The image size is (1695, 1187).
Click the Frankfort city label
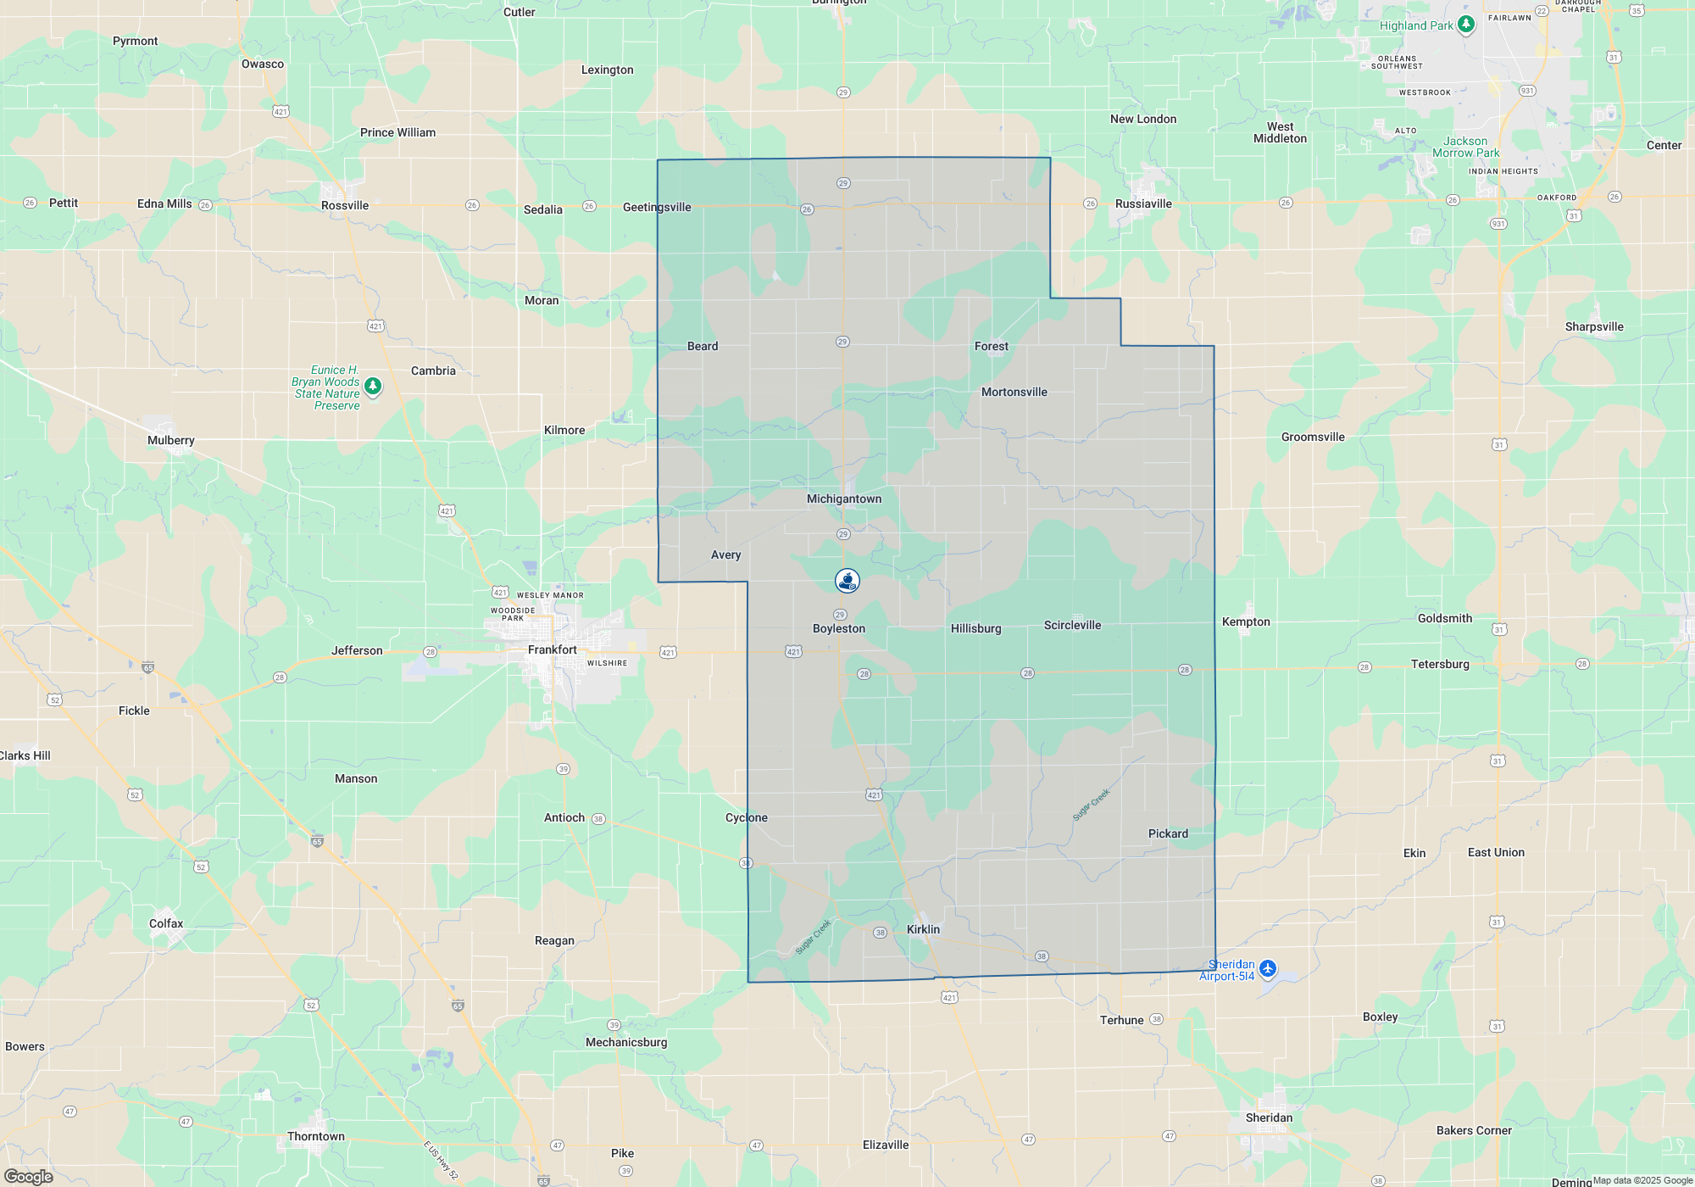(x=552, y=650)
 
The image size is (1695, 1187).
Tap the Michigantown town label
(x=844, y=499)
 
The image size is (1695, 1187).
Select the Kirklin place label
(x=923, y=930)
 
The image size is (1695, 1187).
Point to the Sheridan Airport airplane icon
(x=1268, y=968)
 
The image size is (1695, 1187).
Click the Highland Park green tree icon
(x=1466, y=25)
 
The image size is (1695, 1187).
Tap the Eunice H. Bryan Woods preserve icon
(x=372, y=387)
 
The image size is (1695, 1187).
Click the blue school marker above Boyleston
(x=847, y=581)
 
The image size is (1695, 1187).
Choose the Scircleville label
(x=1072, y=626)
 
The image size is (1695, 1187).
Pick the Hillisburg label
(x=975, y=629)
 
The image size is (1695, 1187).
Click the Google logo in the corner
(x=28, y=1177)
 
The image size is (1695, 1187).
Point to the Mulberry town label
(x=171, y=441)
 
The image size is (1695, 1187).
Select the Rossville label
(x=345, y=206)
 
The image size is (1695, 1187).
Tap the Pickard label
(x=1168, y=834)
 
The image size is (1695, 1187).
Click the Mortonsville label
(x=1014, y=393)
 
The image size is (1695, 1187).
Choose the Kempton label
(x=1246, y=622)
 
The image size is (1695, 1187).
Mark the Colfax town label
(x=166, y=924)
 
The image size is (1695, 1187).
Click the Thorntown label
(x=316, y=1137)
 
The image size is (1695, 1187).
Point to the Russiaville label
(x=1143, y=204)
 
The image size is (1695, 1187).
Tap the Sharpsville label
(x=1594, y=327)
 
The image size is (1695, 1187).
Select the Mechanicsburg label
(x=626, y=1043)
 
